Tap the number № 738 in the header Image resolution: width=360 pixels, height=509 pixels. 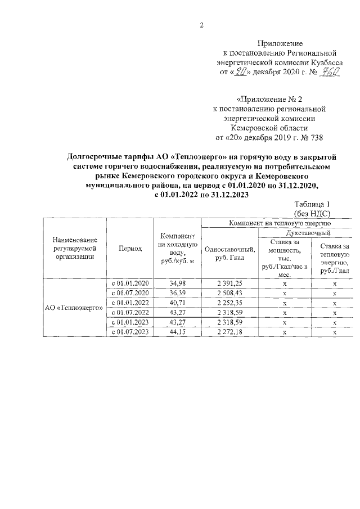coord(312,137)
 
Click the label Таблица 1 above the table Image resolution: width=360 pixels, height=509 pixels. coord(312,205)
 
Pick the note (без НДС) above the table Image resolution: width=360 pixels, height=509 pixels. coord(312,214)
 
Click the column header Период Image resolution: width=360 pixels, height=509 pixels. coord(130,247)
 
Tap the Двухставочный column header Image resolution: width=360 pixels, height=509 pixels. coord(308,232)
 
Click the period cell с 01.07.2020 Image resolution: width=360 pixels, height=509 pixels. coord(130,293)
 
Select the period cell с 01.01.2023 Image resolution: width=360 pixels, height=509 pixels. coord(130,322)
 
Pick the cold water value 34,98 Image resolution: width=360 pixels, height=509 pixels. coord(177,283)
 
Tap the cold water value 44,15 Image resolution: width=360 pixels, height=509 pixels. coord(177,332)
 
